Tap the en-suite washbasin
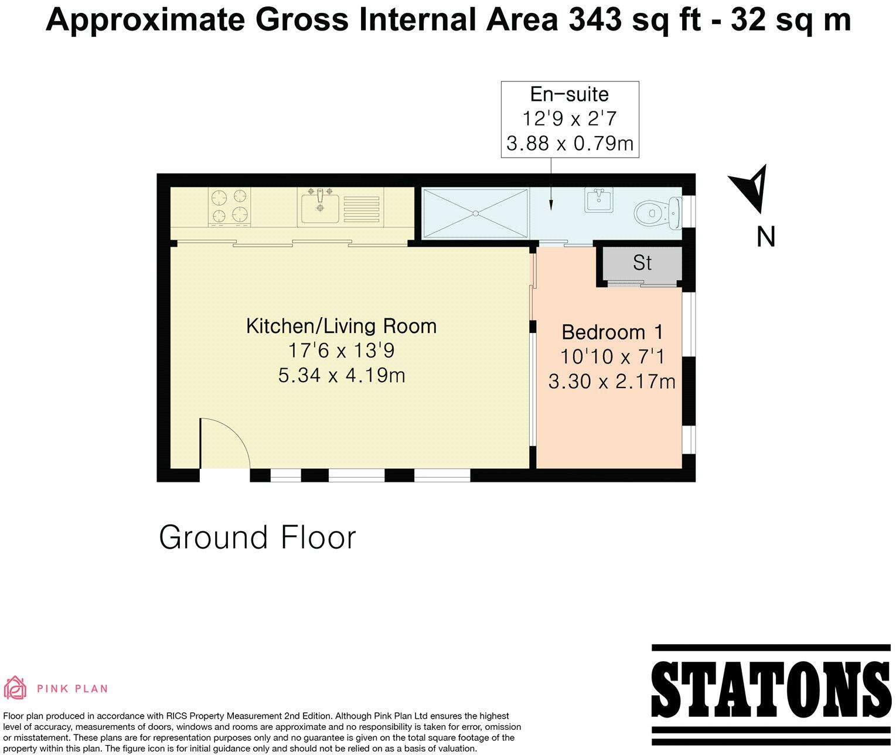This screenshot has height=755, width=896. [x=598, y=200]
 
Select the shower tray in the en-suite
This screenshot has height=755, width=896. [x=475, y=213]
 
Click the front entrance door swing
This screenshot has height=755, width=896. [x=223, y=444]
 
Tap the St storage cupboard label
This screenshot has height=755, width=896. [x=642, y=263]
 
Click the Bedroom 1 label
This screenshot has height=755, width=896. [x=612, y=332]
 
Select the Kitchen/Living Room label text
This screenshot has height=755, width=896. [x=341, y=326]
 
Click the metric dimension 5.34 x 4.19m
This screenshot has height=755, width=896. [x=341, y=375]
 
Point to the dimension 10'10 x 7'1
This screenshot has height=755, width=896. [x=612, y=356]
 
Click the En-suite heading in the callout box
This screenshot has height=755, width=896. [x=569, y=94]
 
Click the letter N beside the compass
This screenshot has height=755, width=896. [x=766, y=237]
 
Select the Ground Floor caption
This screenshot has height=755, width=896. [x=257, y=538]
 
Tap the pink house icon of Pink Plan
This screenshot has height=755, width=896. [x=16, y=688]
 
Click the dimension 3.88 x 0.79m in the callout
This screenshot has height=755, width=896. [x=569, y=144]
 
